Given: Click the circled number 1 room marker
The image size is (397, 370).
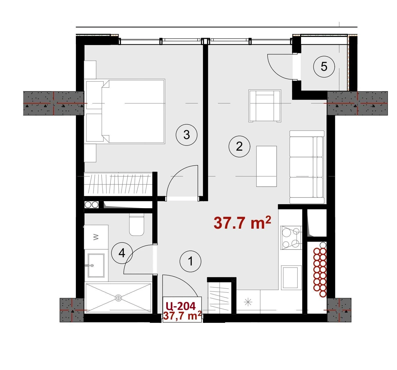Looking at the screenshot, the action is coord(190,262).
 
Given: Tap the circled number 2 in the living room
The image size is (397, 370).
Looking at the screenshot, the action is coord(239,147).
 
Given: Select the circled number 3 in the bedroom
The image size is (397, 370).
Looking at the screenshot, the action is coord(187,135).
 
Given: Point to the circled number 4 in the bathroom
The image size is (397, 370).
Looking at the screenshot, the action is coord(122,253).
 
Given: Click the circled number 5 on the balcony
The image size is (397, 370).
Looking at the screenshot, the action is coord(324,67).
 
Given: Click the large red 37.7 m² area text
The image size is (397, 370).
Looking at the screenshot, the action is coord(242,223).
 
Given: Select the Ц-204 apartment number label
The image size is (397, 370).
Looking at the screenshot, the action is coord(181,306).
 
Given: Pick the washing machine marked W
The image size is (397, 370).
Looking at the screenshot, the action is coord(96,237).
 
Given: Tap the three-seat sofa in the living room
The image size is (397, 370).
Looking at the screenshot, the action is coord(307,167).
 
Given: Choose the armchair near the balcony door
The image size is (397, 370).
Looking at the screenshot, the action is coord(265,106).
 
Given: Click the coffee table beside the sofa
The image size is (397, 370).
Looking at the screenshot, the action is coord(267,166).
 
